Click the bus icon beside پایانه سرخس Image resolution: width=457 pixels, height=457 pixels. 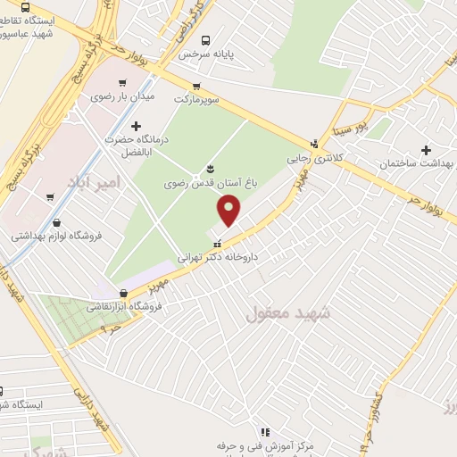206,39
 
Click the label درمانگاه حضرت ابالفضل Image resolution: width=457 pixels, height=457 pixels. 136,146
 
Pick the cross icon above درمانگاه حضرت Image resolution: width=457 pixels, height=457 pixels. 136,127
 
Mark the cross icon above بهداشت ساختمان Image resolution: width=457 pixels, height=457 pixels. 426,151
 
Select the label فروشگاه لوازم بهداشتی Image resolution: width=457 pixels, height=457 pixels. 57,237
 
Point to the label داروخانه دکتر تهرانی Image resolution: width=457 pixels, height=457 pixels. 220,255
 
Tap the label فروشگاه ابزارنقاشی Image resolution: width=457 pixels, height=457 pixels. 124,306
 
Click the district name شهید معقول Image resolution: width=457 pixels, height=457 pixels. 287,313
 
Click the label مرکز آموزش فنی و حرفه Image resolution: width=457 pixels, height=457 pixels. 260,445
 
